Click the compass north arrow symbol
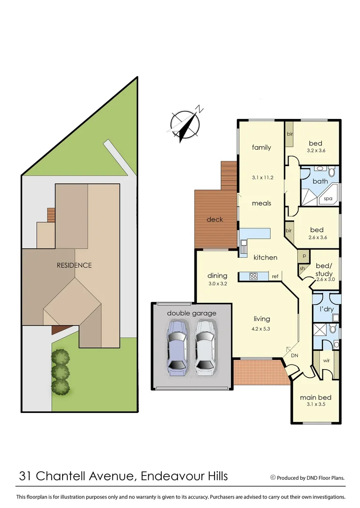185,123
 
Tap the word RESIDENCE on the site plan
74,265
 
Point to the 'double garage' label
191,313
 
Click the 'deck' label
215,220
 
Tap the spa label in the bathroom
328,198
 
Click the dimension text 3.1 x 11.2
263,178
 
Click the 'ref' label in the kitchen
275,277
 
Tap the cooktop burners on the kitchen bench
253,277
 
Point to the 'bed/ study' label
324,270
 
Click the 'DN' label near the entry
295,356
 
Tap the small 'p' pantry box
304,257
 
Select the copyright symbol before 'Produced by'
272,477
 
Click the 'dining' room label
217,276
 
